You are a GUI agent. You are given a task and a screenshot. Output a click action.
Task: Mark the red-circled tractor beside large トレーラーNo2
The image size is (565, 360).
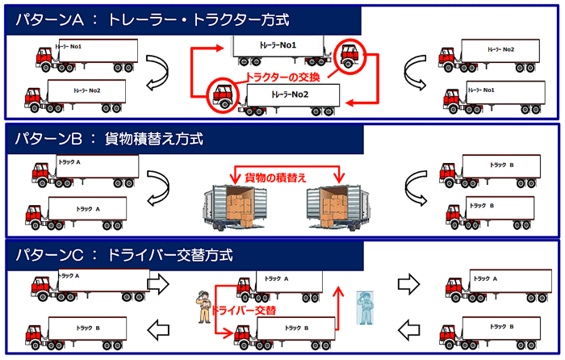coord(222,94)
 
